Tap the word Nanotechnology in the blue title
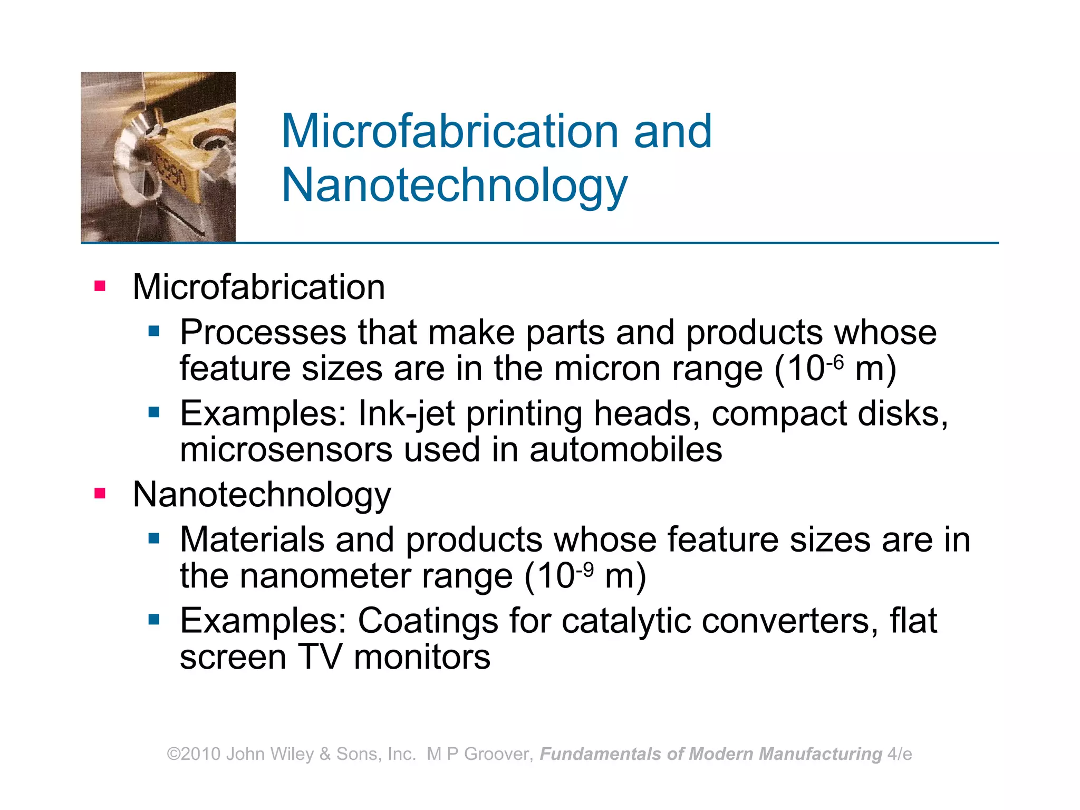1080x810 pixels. point(455,186)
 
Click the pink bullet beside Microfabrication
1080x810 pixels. point(100,286)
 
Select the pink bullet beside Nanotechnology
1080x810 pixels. point(100,494)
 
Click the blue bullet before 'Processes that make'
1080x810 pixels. point(154,331)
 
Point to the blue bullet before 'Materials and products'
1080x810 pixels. point(154,538)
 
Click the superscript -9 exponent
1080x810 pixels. point(585,569)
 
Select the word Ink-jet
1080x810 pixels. point(406,413)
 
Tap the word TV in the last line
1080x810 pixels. point(320,657)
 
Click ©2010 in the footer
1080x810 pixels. point(194,754)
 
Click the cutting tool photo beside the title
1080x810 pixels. point(158,157)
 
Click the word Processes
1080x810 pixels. point(263,332)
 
